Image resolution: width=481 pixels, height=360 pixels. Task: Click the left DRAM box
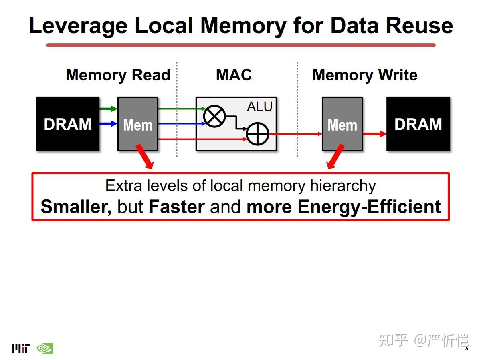pos(67,124)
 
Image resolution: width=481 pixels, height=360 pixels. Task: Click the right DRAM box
pos(418,124)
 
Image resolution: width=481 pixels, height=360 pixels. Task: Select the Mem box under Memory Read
pos(138,124)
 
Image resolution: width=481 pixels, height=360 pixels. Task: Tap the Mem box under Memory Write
pos(342,124)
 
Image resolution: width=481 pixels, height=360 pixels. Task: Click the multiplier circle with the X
pos(214,116)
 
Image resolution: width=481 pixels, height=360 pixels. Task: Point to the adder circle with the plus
pos(257,134)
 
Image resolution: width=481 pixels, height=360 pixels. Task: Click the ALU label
pos(260,107)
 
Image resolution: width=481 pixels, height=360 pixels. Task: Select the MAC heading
pos(234,75)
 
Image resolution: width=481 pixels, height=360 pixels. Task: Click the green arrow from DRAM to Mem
pos(109,109)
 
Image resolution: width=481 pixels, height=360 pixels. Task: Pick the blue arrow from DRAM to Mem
pos(109,124)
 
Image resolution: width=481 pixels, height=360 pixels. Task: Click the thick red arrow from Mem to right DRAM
pos(375,134)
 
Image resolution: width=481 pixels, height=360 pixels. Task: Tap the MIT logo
pos(21,348)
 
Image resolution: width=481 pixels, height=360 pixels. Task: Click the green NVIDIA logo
pos(45,348)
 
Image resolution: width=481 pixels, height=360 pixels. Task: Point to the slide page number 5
pos(467,349)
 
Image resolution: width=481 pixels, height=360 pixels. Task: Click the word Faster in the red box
pos(177,207)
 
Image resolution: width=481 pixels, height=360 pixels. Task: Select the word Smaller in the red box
pos(76,207)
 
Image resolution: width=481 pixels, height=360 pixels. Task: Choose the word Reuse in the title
pos(420,26)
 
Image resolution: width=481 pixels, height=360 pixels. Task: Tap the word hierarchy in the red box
pos(343,186)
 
